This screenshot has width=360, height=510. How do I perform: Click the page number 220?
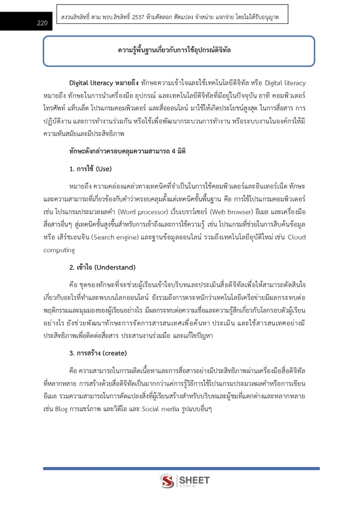(x=42, y=23)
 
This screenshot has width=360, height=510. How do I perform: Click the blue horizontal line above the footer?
(x=180, y=468)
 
